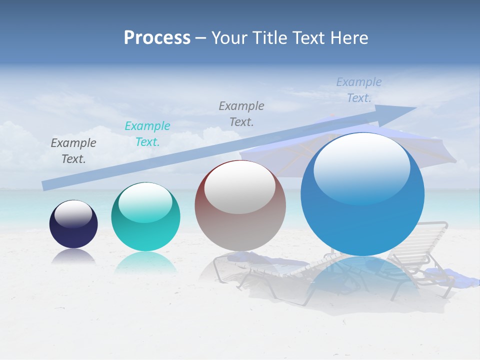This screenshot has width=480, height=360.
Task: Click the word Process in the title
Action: coord(157,38)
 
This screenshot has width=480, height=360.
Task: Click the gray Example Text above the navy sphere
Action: coord(73,150)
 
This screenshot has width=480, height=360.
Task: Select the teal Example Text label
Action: coord(147,134)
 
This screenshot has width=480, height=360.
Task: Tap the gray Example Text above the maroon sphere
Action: coord(241,113)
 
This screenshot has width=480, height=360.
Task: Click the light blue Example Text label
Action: coord(359,90)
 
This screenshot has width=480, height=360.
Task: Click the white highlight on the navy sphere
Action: coord(73,213)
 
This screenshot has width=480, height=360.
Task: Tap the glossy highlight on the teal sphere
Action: coord(145,202)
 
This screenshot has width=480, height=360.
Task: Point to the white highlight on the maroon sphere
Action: coord(239,187)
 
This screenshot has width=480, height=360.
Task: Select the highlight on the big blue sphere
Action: coord(361,167)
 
